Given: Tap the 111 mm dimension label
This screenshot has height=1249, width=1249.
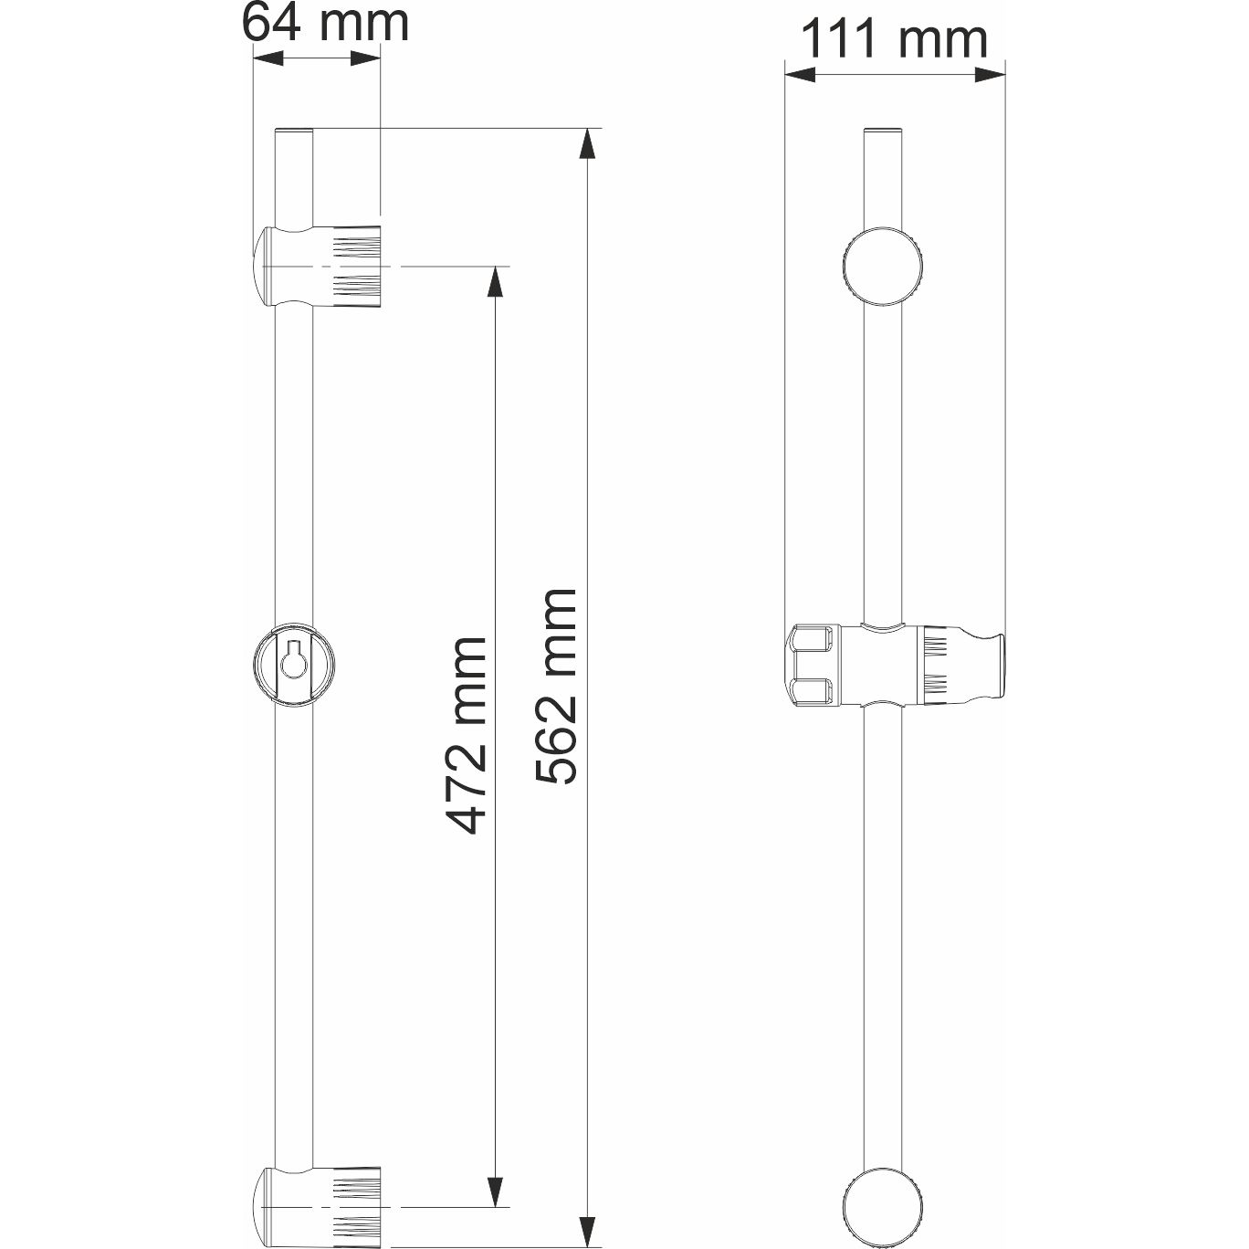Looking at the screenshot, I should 894,39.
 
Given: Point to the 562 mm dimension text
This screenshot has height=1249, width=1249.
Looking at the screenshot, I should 556,687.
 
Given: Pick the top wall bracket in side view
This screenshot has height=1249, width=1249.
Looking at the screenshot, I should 320,267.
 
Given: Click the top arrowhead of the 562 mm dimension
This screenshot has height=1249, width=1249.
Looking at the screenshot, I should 590,143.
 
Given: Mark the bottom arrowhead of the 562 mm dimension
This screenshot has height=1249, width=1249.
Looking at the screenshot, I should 590,1225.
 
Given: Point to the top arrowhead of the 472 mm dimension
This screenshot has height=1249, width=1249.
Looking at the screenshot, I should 496,281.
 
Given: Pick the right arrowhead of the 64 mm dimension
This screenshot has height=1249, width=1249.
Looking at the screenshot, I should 365,58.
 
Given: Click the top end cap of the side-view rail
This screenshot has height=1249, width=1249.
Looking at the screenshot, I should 295,131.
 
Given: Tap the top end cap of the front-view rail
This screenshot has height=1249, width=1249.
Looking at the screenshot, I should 883,131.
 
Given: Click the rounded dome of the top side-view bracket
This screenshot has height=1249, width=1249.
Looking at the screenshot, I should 263,267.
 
